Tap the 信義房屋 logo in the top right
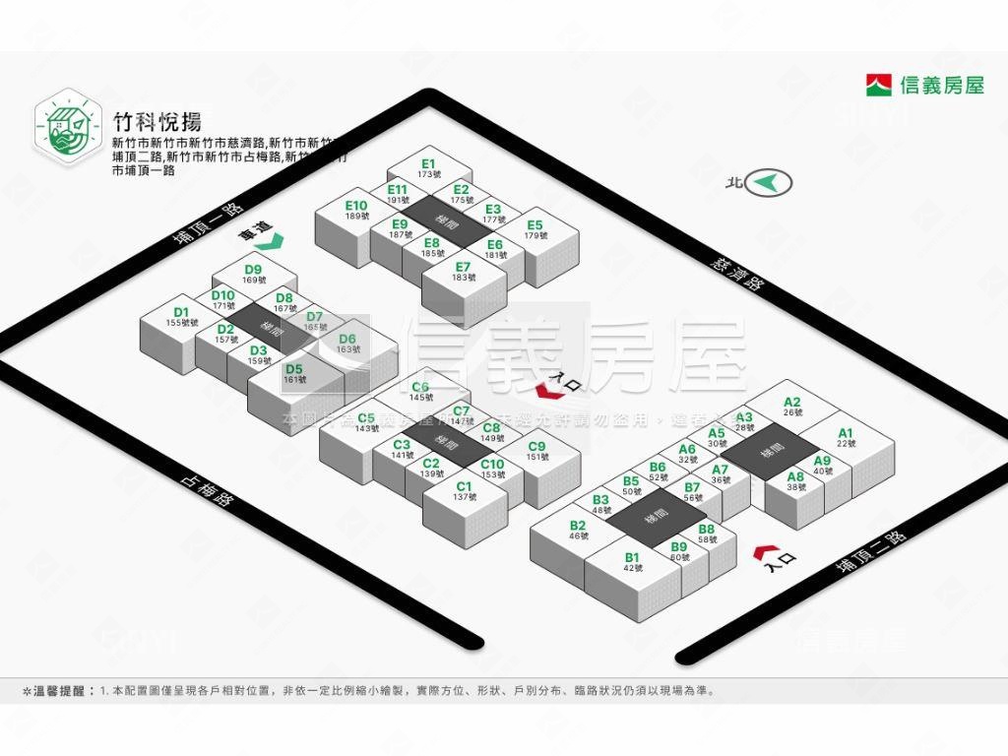click(925, 86)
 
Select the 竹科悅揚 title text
click(157, 122)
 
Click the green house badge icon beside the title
click(69, 127)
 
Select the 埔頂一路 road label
click(207, 228)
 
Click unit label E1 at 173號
click(427, 168)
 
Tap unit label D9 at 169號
click(253, 274)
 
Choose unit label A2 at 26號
click(792, 406)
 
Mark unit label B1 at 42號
click(632, 562)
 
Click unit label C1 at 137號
click(464, 490)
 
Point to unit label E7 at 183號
click(463, 271)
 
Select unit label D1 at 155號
click(181, 317)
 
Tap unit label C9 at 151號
click(536, 451)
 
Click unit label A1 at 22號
click(846, 437)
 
